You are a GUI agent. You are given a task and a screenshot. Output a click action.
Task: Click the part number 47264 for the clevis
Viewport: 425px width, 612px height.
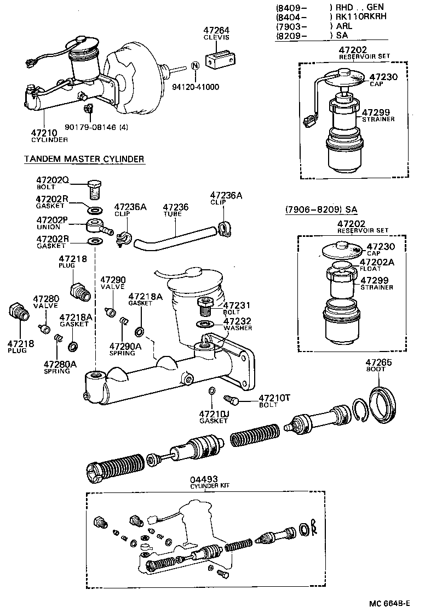(x=217, y=31)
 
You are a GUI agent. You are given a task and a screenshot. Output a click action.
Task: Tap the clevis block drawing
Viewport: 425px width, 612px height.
(x=220, y=57)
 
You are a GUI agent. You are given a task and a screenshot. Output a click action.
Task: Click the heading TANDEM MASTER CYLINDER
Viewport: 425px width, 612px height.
(x=84, y=159)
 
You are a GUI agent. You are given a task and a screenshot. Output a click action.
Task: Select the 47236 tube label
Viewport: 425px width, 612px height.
(x=176, y=207)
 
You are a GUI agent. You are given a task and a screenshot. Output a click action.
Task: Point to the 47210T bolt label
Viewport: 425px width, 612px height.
(x=273, y=398)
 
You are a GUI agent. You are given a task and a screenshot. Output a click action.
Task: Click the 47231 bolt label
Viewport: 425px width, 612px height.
(x=237, y=305)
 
